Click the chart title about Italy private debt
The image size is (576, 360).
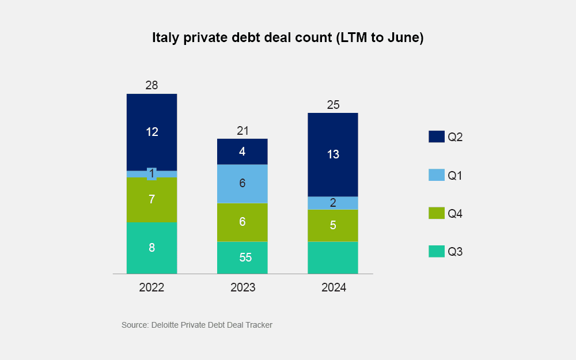point(287,38)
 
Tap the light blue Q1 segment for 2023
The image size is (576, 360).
point(242,184)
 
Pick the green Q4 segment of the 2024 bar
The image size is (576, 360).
point(333,225)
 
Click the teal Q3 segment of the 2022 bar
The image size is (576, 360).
point(151,248)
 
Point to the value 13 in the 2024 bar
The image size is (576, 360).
point(333,154)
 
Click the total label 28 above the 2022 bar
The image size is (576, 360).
point(151,86)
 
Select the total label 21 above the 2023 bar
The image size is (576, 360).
point(242,131)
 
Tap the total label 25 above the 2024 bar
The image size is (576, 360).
point(333,105)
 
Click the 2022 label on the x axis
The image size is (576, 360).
point(151,287)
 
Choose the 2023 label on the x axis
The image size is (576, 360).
point(242,287)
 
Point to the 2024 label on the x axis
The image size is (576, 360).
point(334,287)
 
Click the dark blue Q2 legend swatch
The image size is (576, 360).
point(437,137)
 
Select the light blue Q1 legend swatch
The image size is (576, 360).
point(437,175)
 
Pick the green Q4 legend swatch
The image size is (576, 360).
point(437,213)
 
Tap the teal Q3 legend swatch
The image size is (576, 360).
point(437,251)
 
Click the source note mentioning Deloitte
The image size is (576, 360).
point(196,325)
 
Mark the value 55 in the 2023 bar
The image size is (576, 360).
point(245,257)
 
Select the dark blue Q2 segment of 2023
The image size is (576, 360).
point(242,151)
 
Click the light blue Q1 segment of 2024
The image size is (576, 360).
point(333,203)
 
